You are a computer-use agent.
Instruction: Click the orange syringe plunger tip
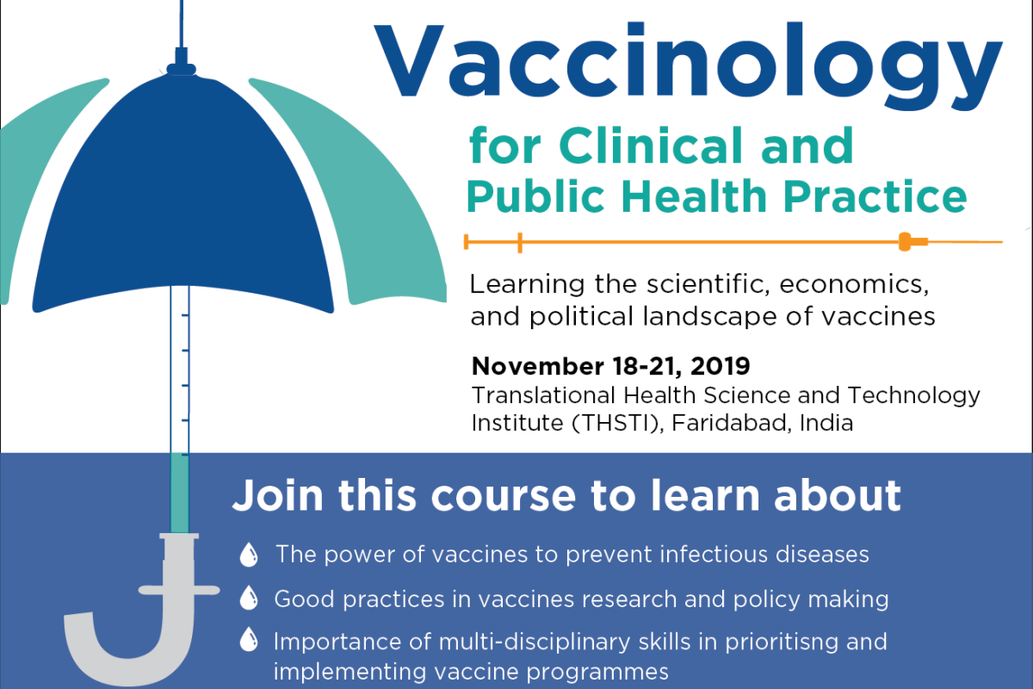(905, 242)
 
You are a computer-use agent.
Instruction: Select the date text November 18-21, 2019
(610, 366)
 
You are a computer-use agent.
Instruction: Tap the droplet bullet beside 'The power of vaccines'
(248, 555)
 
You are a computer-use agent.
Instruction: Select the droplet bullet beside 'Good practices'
(248, 598)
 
